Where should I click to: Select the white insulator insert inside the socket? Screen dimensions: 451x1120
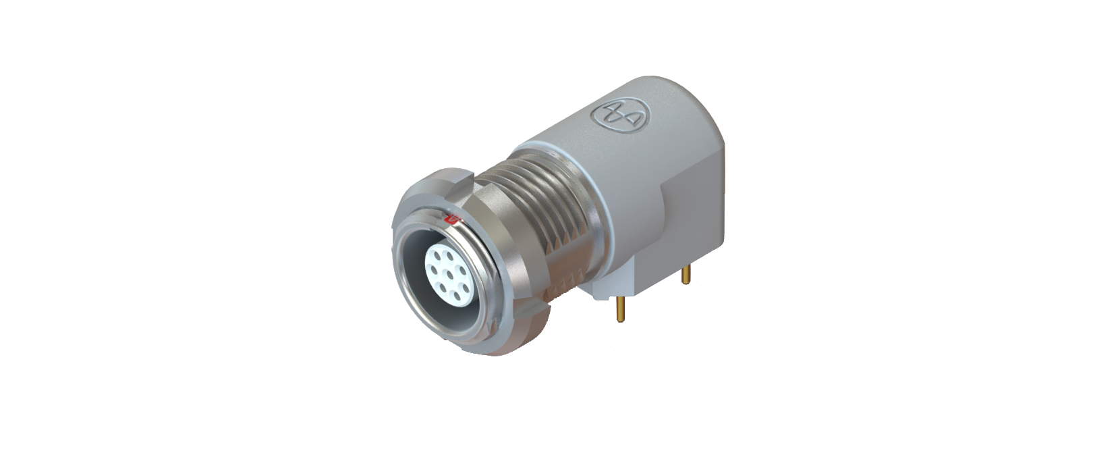pyautogui.click(x=449, y=274)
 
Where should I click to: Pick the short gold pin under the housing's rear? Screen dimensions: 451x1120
pyautogui.click(x=687, y=273)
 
